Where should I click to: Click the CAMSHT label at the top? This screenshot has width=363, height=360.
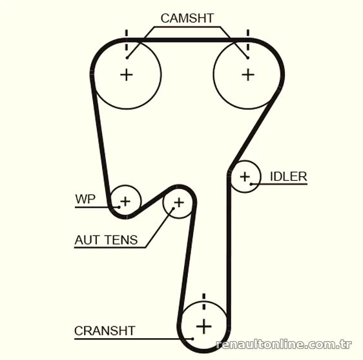coord(187,18)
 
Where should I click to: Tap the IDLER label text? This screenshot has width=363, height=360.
coord(289,176)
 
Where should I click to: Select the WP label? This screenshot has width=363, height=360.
coord(85,199)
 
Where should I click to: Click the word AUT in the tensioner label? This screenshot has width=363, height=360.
coord(87,240)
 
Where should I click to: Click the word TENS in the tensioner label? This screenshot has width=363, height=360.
coord(121,240)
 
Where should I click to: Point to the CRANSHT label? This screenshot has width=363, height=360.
coord(105,330)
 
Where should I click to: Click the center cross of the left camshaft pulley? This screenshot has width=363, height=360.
coord(127,75)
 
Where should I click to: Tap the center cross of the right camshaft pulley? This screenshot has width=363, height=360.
coord(248,75)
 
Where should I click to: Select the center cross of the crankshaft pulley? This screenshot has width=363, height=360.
coord(203,326)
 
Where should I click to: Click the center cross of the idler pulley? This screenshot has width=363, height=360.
coord(245,177)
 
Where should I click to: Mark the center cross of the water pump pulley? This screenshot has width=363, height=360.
coord(125,201)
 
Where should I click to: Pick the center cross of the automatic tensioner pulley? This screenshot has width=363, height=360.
coord(179,203)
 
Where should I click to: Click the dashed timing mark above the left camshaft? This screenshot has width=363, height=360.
coord(127,40)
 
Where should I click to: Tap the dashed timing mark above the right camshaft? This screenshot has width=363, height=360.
coord(248,40)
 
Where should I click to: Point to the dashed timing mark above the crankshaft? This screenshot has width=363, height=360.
coord(203,301)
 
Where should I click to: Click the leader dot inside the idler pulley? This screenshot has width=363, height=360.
coord(251,184)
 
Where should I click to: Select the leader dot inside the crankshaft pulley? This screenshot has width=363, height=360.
coord(192,339)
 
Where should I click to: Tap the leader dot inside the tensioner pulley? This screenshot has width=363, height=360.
coord(173,208)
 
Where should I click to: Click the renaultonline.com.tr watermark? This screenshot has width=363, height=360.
coord(284,345)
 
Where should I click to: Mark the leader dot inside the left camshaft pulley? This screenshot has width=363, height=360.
coord(127,57)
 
